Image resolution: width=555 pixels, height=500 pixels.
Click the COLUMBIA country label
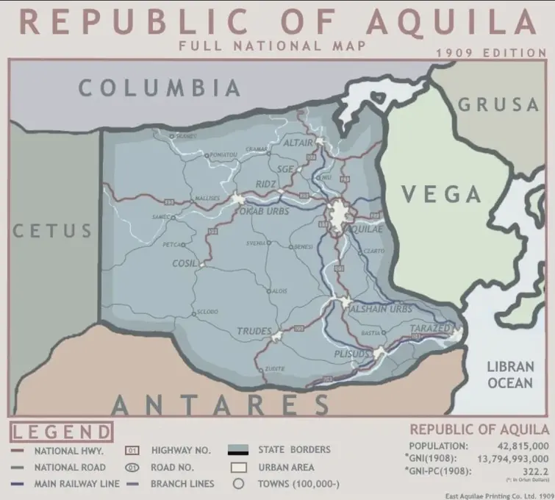point(160,88)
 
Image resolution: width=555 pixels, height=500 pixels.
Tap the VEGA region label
point(441,194)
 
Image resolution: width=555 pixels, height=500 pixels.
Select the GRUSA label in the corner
point(499,105)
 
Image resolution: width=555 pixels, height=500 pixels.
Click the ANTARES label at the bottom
point(221,404)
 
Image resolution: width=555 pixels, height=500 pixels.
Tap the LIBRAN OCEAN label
point(509,374)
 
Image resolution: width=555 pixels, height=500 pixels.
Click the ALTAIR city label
point(298,141)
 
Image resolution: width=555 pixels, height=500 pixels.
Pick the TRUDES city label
point(254,332)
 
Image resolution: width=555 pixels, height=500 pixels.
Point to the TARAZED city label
point(430,327)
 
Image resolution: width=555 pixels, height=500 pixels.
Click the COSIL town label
point(183,262)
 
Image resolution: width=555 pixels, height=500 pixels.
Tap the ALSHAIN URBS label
point(380,308)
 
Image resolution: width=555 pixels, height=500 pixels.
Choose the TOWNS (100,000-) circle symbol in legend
point(237,484)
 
